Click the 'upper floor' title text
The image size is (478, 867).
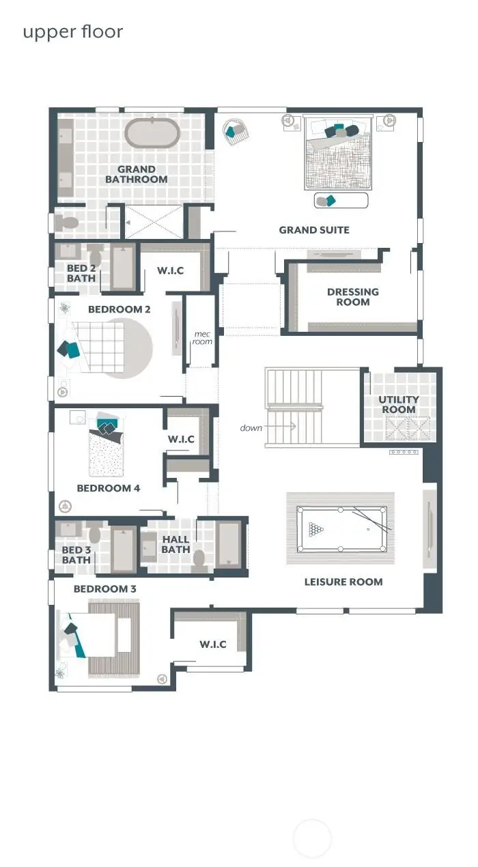(73, 32)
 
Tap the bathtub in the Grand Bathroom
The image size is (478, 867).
(152, 133)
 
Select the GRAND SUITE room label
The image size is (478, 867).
(314, 230)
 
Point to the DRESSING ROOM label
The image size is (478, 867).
(353, 297)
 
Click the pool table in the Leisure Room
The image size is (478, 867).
(341, 529)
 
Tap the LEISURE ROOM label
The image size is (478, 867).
(343, 582)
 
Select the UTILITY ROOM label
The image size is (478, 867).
(399, 405)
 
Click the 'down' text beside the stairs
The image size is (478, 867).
(251, 428)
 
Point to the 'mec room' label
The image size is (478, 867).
(203, 337)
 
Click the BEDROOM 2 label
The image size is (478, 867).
(119, 309)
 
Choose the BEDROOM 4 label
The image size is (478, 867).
(109, 488)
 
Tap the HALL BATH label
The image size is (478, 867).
(175, 544)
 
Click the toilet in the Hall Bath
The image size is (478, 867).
(199, 559)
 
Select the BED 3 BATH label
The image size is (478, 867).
(76, 555)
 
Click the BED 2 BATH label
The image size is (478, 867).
(81, 273)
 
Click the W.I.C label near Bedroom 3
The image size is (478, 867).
(213, 644)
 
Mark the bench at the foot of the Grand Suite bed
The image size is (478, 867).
(341, 200)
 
